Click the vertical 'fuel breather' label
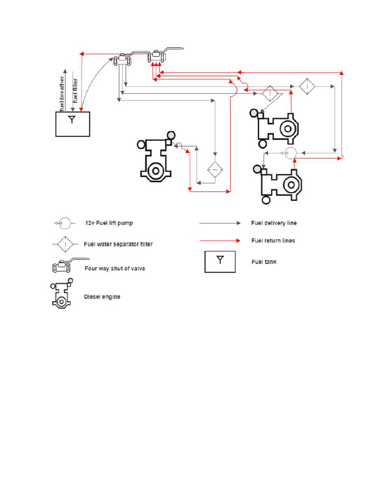coord(62,93)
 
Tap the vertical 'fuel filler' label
coord(75,90)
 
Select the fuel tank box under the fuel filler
coord(72,124)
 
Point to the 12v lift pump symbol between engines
coord(290,154)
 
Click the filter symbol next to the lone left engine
coord(215,169)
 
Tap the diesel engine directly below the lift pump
coord(280,184)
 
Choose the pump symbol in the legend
coord(64,224)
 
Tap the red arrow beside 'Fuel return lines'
coord(220,241)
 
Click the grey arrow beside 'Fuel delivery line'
coord(220,223)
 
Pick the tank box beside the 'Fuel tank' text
coord(220,262)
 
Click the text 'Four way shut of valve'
coord(115,269)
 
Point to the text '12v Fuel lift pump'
coord(109,223)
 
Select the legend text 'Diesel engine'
coord(102,296)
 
